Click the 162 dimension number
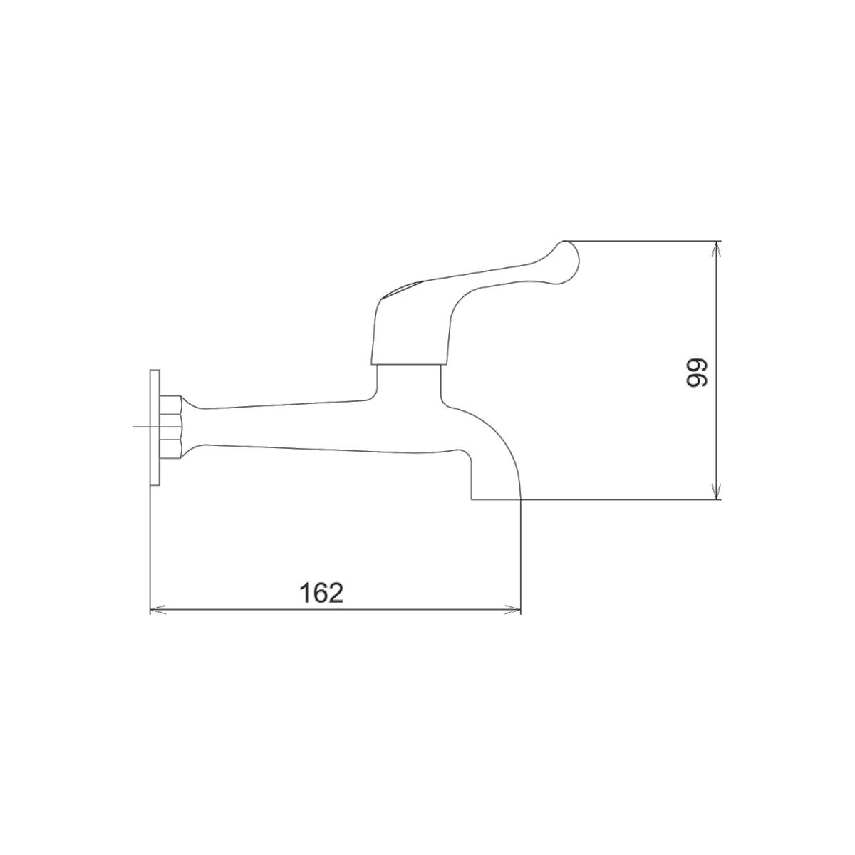tap(321, 593)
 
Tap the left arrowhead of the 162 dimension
tap(158, 610)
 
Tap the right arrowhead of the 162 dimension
tap(512, 610)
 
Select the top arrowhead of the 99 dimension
tap(715, 249)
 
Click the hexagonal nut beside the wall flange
tap(170, 427)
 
